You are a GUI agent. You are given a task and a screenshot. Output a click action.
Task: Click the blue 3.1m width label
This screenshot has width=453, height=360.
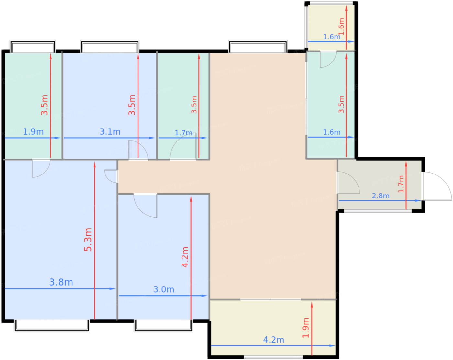pyautogui.click(x=110, y=132)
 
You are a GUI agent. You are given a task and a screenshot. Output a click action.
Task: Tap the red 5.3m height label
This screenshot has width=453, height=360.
pyautogui.click(x=88, y=240)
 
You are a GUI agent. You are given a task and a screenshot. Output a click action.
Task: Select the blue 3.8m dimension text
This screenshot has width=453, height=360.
pyautogui.click(x=61, y=282)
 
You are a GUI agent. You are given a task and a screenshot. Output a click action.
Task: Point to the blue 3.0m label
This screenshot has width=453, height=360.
pyautogui.click(x=163, y=289)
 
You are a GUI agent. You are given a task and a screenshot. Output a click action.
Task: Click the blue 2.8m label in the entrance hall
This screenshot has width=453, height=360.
pyautogui.click(x=381, y=196)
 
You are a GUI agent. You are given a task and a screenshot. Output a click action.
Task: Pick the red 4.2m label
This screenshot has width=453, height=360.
pyautogui.click(x=185, y=257)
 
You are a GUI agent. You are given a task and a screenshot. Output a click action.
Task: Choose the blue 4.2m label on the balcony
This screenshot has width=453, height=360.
pyautogui.click(x=274, y=340)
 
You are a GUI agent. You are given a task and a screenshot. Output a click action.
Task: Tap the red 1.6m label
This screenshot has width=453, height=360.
pyautogui.click(x=341, y=27)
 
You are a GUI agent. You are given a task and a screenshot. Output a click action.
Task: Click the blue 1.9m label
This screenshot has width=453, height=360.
pyautogui.click(x=33, y=132)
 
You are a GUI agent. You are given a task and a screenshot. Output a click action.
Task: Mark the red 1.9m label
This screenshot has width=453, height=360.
pyautogui.click(x=306, y=328)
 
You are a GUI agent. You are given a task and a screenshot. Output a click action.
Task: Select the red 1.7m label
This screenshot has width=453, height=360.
pyautogui.click(x=401, y=184)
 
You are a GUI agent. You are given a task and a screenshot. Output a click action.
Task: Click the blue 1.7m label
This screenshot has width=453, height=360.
pyautogui.click(x=183, y=133)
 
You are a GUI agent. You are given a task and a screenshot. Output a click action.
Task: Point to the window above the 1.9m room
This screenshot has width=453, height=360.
pyautogui.click(x=33, y=47)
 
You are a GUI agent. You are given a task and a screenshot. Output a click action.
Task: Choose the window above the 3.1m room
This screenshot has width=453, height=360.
pyautogui.click(x=110, y=47)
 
